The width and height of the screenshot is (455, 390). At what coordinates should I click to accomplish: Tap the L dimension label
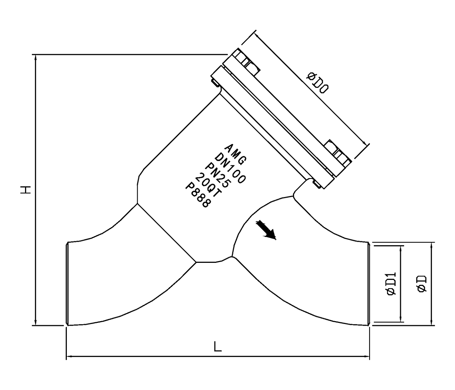click(x=218, y=347)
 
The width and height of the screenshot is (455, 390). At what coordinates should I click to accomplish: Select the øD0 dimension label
click(x=317, y=83)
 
